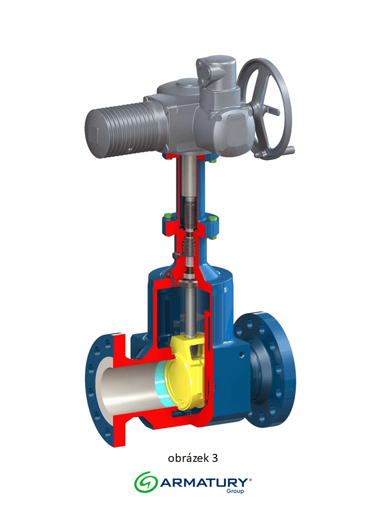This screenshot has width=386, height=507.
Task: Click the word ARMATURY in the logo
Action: (204, 483)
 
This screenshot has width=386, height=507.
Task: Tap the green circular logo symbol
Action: (146, 482)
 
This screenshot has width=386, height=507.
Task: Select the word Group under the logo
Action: (235, 491)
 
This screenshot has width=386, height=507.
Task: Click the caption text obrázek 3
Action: (193, 458)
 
